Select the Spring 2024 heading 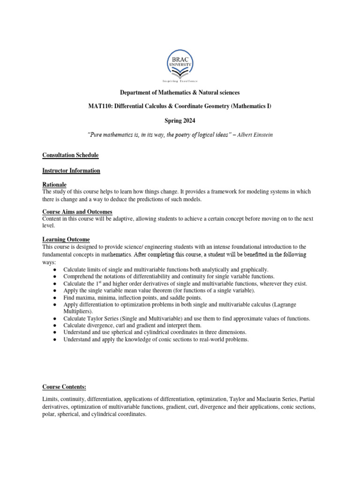tap(180, 120)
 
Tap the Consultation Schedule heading tap(70, 155)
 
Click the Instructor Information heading tap(71, 171)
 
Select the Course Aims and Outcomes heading tap(77, 212)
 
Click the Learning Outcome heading tap(66, 240)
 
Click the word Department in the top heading tap(137, 93)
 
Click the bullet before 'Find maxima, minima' tap(55, 298)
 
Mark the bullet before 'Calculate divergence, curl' tap(55, 325)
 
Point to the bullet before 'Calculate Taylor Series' tap(55, 319)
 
